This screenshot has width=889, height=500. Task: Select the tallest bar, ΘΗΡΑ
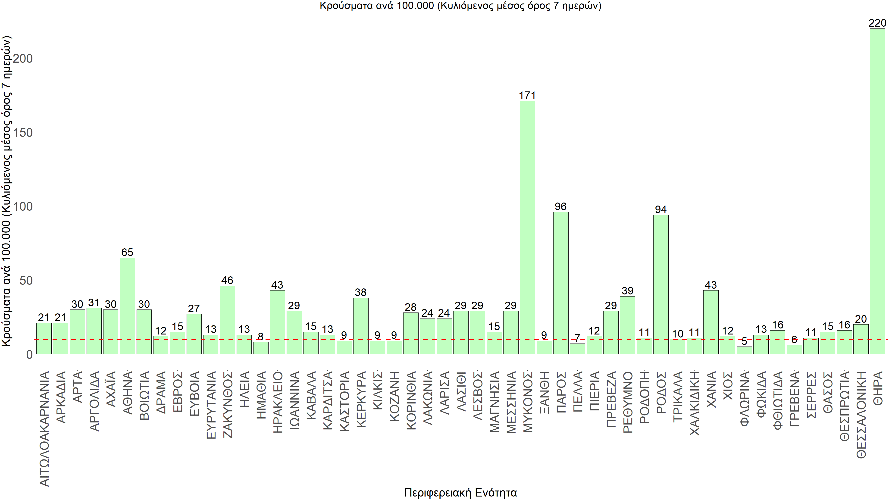(877, 191)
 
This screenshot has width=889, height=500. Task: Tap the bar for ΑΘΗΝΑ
(127, 306)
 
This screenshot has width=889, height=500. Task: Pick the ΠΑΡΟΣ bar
(561, 283)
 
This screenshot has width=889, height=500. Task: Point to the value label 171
(527, 96)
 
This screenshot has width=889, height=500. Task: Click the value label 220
(877, 23)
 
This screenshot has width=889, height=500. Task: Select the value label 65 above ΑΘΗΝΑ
(127, 252)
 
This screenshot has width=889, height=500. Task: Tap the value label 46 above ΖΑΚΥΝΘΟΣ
(227, 280)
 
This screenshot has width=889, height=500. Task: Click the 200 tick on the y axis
(23, 58)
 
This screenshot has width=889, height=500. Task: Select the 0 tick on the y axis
(29, 354)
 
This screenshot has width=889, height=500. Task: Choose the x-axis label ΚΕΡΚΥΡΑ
(361, 399)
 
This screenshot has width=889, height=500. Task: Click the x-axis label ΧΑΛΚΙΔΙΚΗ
(694, 403)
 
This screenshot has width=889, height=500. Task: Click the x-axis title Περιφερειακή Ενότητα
(460, 492)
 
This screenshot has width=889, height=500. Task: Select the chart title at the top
(460, 6)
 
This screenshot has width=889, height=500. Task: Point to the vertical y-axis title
(7, 191)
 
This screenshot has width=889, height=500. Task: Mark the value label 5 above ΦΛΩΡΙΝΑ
(744, 341)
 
